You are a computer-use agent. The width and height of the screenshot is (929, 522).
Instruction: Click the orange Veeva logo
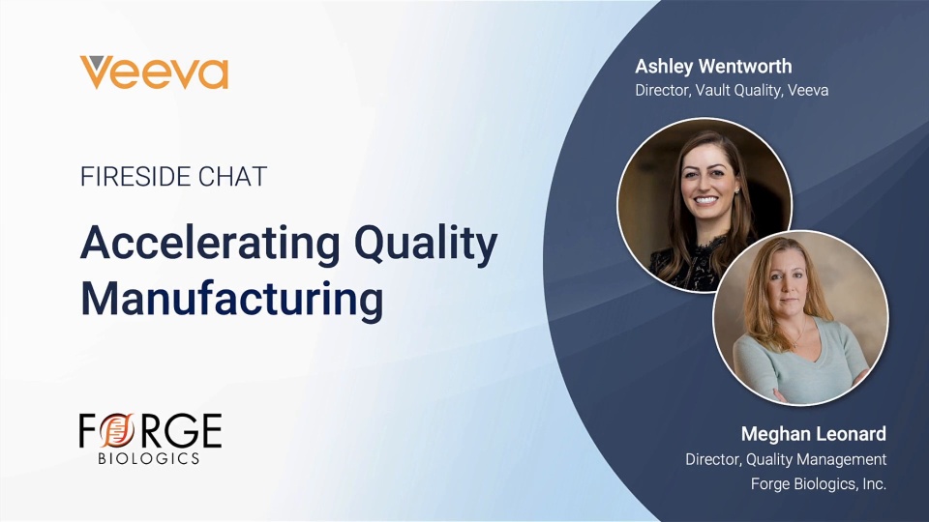point(154,72)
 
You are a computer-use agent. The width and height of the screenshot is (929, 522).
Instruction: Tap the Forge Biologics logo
point(151,439)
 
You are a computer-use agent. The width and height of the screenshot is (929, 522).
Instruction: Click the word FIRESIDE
point(135,176)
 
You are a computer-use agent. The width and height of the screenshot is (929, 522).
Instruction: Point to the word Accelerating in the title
point(210,244)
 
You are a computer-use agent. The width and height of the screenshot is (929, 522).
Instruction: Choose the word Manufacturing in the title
point(231,300)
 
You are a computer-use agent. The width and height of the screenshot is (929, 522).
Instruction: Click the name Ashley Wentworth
point(713,66)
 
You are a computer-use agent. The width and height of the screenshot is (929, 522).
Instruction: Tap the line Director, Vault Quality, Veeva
point(732,90)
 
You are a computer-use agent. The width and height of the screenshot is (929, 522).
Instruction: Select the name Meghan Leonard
point(814,434)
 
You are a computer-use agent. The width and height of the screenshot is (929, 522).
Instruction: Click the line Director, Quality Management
point(786,459)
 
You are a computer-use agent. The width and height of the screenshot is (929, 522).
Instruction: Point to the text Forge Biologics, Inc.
point(819,483)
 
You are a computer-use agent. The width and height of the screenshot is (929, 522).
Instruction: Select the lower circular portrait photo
point(800,318)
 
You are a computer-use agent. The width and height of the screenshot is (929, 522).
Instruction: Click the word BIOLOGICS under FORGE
point(149,458)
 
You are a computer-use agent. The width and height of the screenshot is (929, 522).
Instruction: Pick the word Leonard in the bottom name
point(852,434)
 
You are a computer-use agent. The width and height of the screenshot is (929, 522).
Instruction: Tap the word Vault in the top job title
point(712,90)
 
